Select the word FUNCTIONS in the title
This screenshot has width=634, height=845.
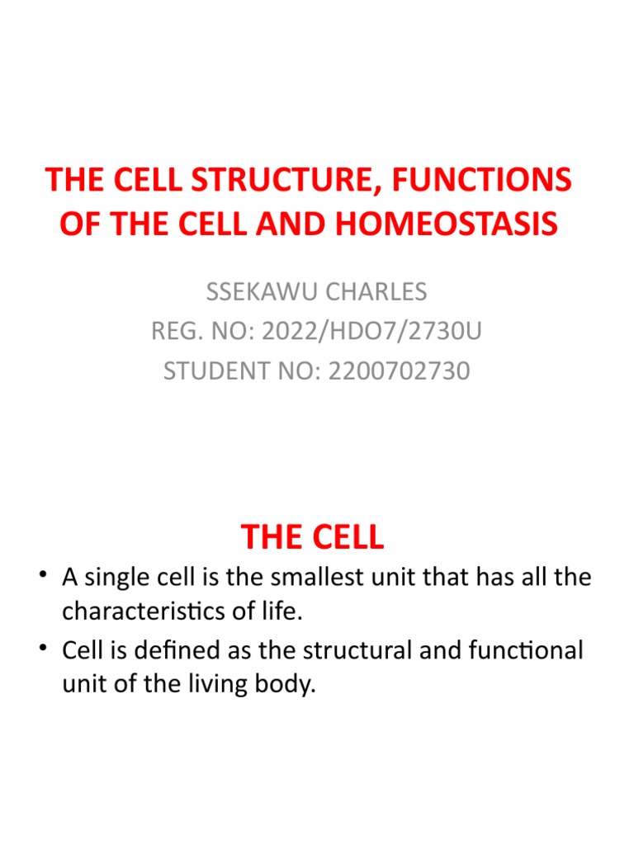(481, 180)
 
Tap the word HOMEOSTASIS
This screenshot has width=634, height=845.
(447, 224)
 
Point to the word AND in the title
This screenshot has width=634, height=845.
(291, 224)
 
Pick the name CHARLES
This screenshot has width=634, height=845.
(376, 291)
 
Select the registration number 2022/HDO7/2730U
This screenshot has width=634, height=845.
(371, 331)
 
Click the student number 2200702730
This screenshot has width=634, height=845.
(399, 371)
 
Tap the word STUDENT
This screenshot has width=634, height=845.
(217, 371)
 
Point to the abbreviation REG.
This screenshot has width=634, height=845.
(177, 331)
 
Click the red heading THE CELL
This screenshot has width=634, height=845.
(313, 536)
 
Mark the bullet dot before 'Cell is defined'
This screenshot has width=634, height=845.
(43, 647)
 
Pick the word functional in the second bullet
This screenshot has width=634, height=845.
(526, 650)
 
